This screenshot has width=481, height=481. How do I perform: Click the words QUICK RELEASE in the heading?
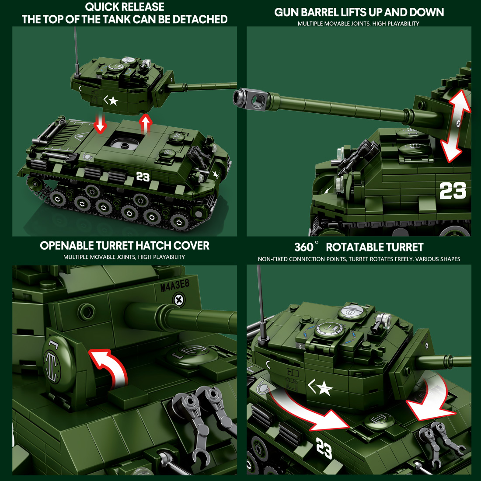pos(125,7)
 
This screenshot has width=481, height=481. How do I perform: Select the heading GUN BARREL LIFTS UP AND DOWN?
pos(359,12)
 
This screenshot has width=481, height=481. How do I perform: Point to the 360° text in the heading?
pos(304,247)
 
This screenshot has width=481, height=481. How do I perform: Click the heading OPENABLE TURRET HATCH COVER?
pos(125,246)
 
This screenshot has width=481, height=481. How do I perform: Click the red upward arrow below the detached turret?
pos(146,124)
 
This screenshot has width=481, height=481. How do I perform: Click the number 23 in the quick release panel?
pos(143,177)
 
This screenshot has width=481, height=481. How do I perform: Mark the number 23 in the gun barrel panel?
pos(453,191)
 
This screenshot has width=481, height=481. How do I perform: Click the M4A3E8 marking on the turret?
pos(175,286)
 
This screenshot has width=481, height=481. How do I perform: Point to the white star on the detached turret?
pos(113,101)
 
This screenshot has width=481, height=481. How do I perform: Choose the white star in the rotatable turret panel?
pos(324,388)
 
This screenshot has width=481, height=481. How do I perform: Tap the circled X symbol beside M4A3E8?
pos(178,300)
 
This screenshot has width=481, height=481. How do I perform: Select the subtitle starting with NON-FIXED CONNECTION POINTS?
pos(359,259)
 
